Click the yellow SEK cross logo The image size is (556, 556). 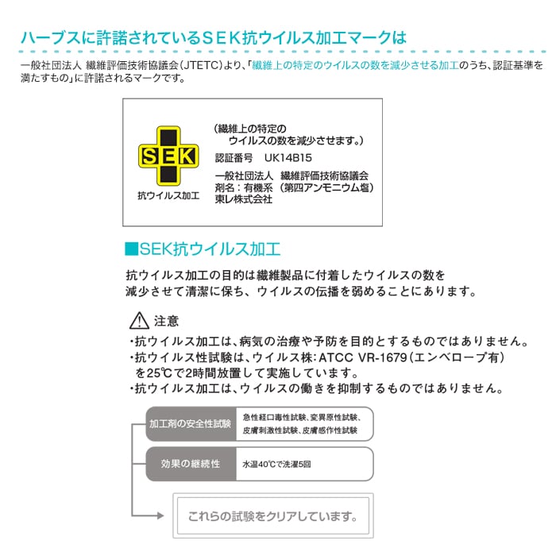pyautogui.click(x=168, y=156)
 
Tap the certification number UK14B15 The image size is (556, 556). pyautogui.click(x=288, y=158)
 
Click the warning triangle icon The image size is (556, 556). pyautogui.click(x=139, y=321)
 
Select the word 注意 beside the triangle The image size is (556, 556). pyautogui.click(x=166, y=321)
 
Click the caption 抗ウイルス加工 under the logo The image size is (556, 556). pyautogui.click(x=168, y=195)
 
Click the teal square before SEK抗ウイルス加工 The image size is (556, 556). pyautogui.click(x=131, y=249)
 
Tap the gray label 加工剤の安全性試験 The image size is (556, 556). pyautogui.click(x=190, y=423)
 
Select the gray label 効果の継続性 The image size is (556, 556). pyautogui.click(x=191, y=464)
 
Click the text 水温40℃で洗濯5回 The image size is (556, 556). pyautogui.click(x=276, y=464)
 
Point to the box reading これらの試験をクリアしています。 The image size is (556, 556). pyautogui.click(x=273, y=515)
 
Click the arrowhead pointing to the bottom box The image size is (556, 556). pyautogui.click(x=160, y=515)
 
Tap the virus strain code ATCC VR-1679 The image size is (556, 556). pyautogui.click(x=363, y=357)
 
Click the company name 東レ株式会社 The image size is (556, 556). pyautogui.click(x=244, y=199)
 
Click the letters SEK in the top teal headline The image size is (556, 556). pyautogui.click(x=222, y=38)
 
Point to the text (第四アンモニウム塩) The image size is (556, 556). pyautogui.click(x=326, y=187)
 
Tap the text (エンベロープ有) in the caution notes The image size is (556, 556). pyautogui.click(x=456, y=357)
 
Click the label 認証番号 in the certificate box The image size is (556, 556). pyautogui.click(x=234, y=158)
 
